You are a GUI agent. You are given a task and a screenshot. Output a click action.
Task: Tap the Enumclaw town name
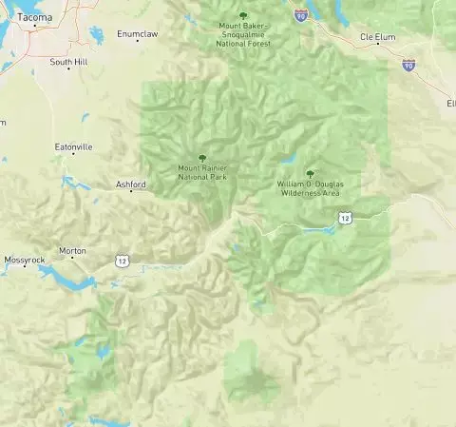tap(135, 33)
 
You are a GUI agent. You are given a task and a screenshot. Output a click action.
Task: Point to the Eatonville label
tap(73, 147)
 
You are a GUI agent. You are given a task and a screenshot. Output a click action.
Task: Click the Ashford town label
tap(130, 184)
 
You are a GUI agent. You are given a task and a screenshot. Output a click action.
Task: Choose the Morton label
tap(72, 251)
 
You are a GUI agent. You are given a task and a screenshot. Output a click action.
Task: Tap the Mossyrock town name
tap(25, 260)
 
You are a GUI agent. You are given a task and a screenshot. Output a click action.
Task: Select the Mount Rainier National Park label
tap(201, 172)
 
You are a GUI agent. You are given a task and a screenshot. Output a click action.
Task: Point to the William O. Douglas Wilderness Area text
tap(309, 188)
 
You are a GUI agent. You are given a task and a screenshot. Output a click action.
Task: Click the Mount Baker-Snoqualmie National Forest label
tap(244, 33)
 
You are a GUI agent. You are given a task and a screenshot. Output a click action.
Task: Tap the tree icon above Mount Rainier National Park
tap(201, 158)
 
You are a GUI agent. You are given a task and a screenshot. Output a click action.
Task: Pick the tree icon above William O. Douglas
tap(310, 173)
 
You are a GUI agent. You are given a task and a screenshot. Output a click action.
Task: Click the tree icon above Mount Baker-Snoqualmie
tap(244, 15)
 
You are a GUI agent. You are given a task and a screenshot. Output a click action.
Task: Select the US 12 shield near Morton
tap(122, 259)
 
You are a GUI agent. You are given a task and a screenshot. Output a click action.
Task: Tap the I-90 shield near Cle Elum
tap(408, 65)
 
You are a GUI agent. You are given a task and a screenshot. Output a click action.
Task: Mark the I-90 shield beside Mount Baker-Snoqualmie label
tap(300, 15)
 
